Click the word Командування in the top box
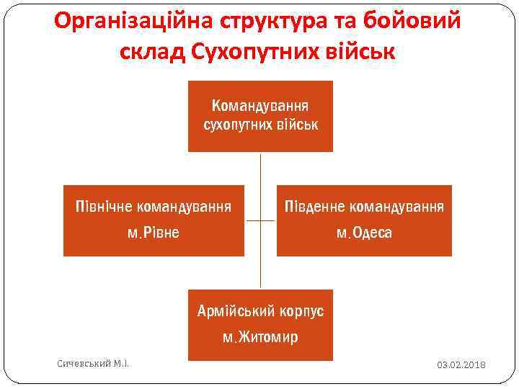click(260, 106)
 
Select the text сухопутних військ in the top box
click(260, 125)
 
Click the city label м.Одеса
click(364, 233)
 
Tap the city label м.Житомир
click(260, 336)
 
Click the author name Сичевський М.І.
click(92, 364)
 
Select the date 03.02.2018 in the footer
click(461, 365)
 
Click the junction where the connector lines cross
click(260, 221)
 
